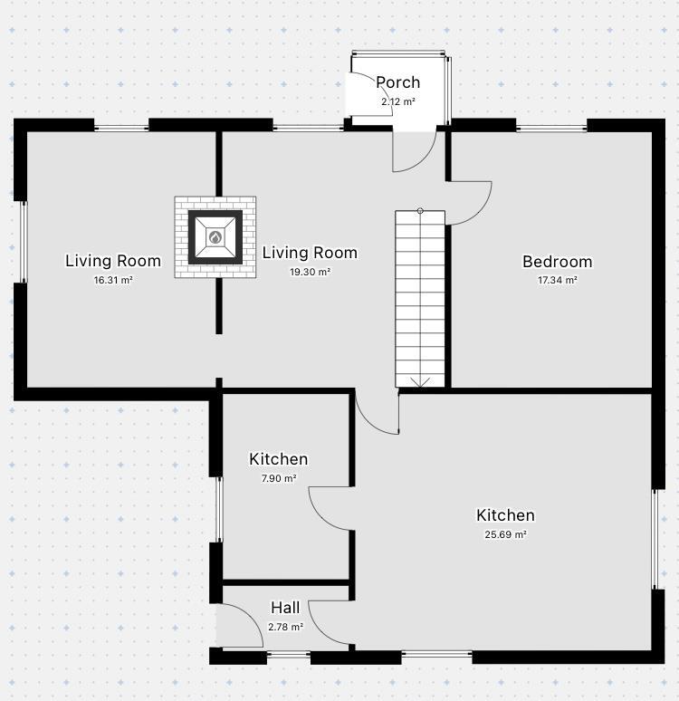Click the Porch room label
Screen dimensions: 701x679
[398, 82]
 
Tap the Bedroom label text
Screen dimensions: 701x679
[557, 262]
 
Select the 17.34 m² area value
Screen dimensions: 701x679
[557, 281]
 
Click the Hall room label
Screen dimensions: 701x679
[285, 608]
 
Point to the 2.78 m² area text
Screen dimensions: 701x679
[285, 626]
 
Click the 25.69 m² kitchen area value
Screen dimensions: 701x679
[505, 534]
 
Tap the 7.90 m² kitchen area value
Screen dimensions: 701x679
[278, 478]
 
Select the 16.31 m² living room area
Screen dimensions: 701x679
[113, 281]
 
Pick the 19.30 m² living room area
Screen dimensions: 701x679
[310, 272]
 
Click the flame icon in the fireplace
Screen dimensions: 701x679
[215, 237]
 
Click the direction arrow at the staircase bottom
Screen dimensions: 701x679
[420, 381]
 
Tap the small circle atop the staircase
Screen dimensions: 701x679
[420, 211]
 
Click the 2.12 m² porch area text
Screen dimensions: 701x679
[398, 101]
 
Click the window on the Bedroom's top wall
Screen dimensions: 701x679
[551, 128]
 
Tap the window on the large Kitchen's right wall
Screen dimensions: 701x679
[657, 540]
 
